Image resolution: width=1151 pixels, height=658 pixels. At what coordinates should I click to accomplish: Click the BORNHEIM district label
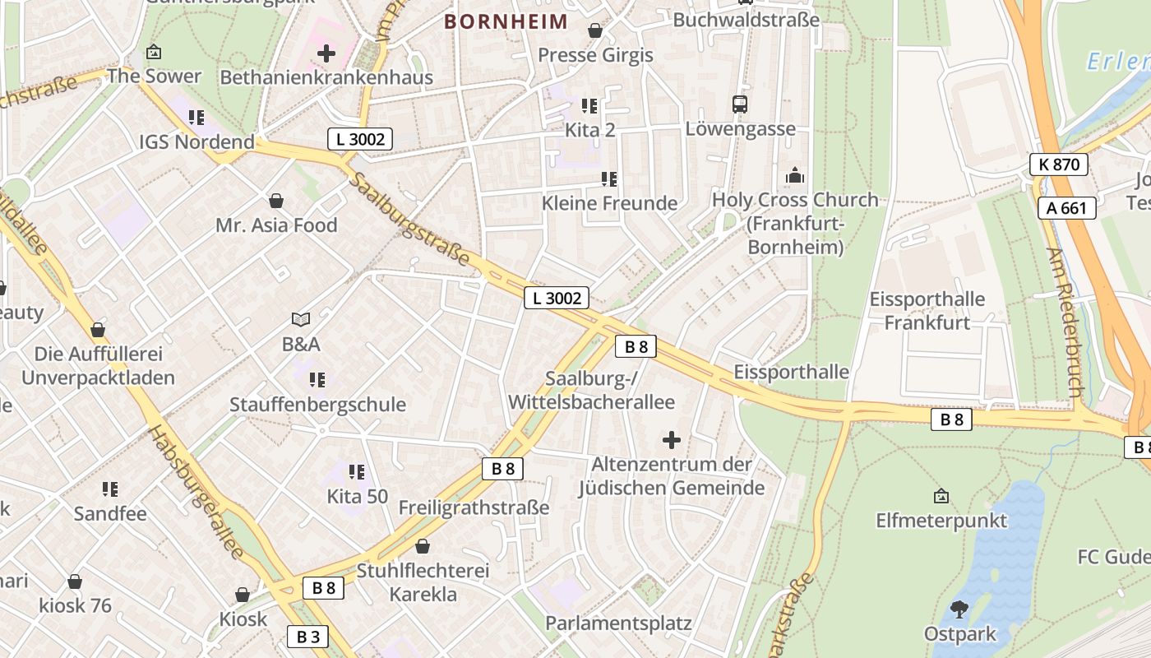pyautogui.click(x=506, y=21)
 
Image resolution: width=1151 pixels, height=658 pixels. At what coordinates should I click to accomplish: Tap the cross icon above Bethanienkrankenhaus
pyautogui.click(x=326, y=54)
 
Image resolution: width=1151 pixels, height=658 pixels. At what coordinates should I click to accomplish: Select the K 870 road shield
pyautogui.click(x=1059, y=164)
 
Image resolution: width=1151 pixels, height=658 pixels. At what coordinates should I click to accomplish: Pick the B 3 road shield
pyautogui.click(x=307, y=636)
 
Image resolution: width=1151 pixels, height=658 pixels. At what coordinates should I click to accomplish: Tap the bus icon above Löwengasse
pyautogui.click(x=740, y=104)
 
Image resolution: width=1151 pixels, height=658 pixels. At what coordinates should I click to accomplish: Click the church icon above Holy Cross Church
pyautogui.click(x=795, y=175)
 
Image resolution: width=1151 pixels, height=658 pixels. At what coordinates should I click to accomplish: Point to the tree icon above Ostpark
pyautogui.click(x=959, y=609)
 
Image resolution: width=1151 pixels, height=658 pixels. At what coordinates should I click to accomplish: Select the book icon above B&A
pyautogui.click(x=301, y=319)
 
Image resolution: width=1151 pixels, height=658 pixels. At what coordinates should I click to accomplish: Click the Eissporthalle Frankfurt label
pyautogui.click(x=927, y=311)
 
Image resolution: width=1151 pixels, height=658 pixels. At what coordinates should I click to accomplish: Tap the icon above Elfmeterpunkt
pyautogui.click(x=941, y=496)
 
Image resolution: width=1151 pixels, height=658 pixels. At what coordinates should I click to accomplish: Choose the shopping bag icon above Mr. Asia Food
pyautogui.click(x=277, y=201)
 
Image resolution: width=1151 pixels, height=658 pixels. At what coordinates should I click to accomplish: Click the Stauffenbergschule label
pyautogui.click(x=317, y=404)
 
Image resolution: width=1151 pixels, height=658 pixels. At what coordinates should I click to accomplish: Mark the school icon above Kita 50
pyautogui.click(x=357, y=472)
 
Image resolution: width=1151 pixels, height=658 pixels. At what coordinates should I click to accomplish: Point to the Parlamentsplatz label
pyautogui.click(x=618, y=623)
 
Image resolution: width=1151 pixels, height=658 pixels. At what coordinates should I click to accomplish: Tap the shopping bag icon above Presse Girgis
pyautogui.click(x=595, y=30)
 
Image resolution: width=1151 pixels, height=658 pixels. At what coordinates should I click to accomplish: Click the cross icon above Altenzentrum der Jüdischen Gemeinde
pyautogui.click(x=672, y=440)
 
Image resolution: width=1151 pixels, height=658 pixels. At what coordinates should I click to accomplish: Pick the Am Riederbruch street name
pyautogui.click(x=1067, y=322)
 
